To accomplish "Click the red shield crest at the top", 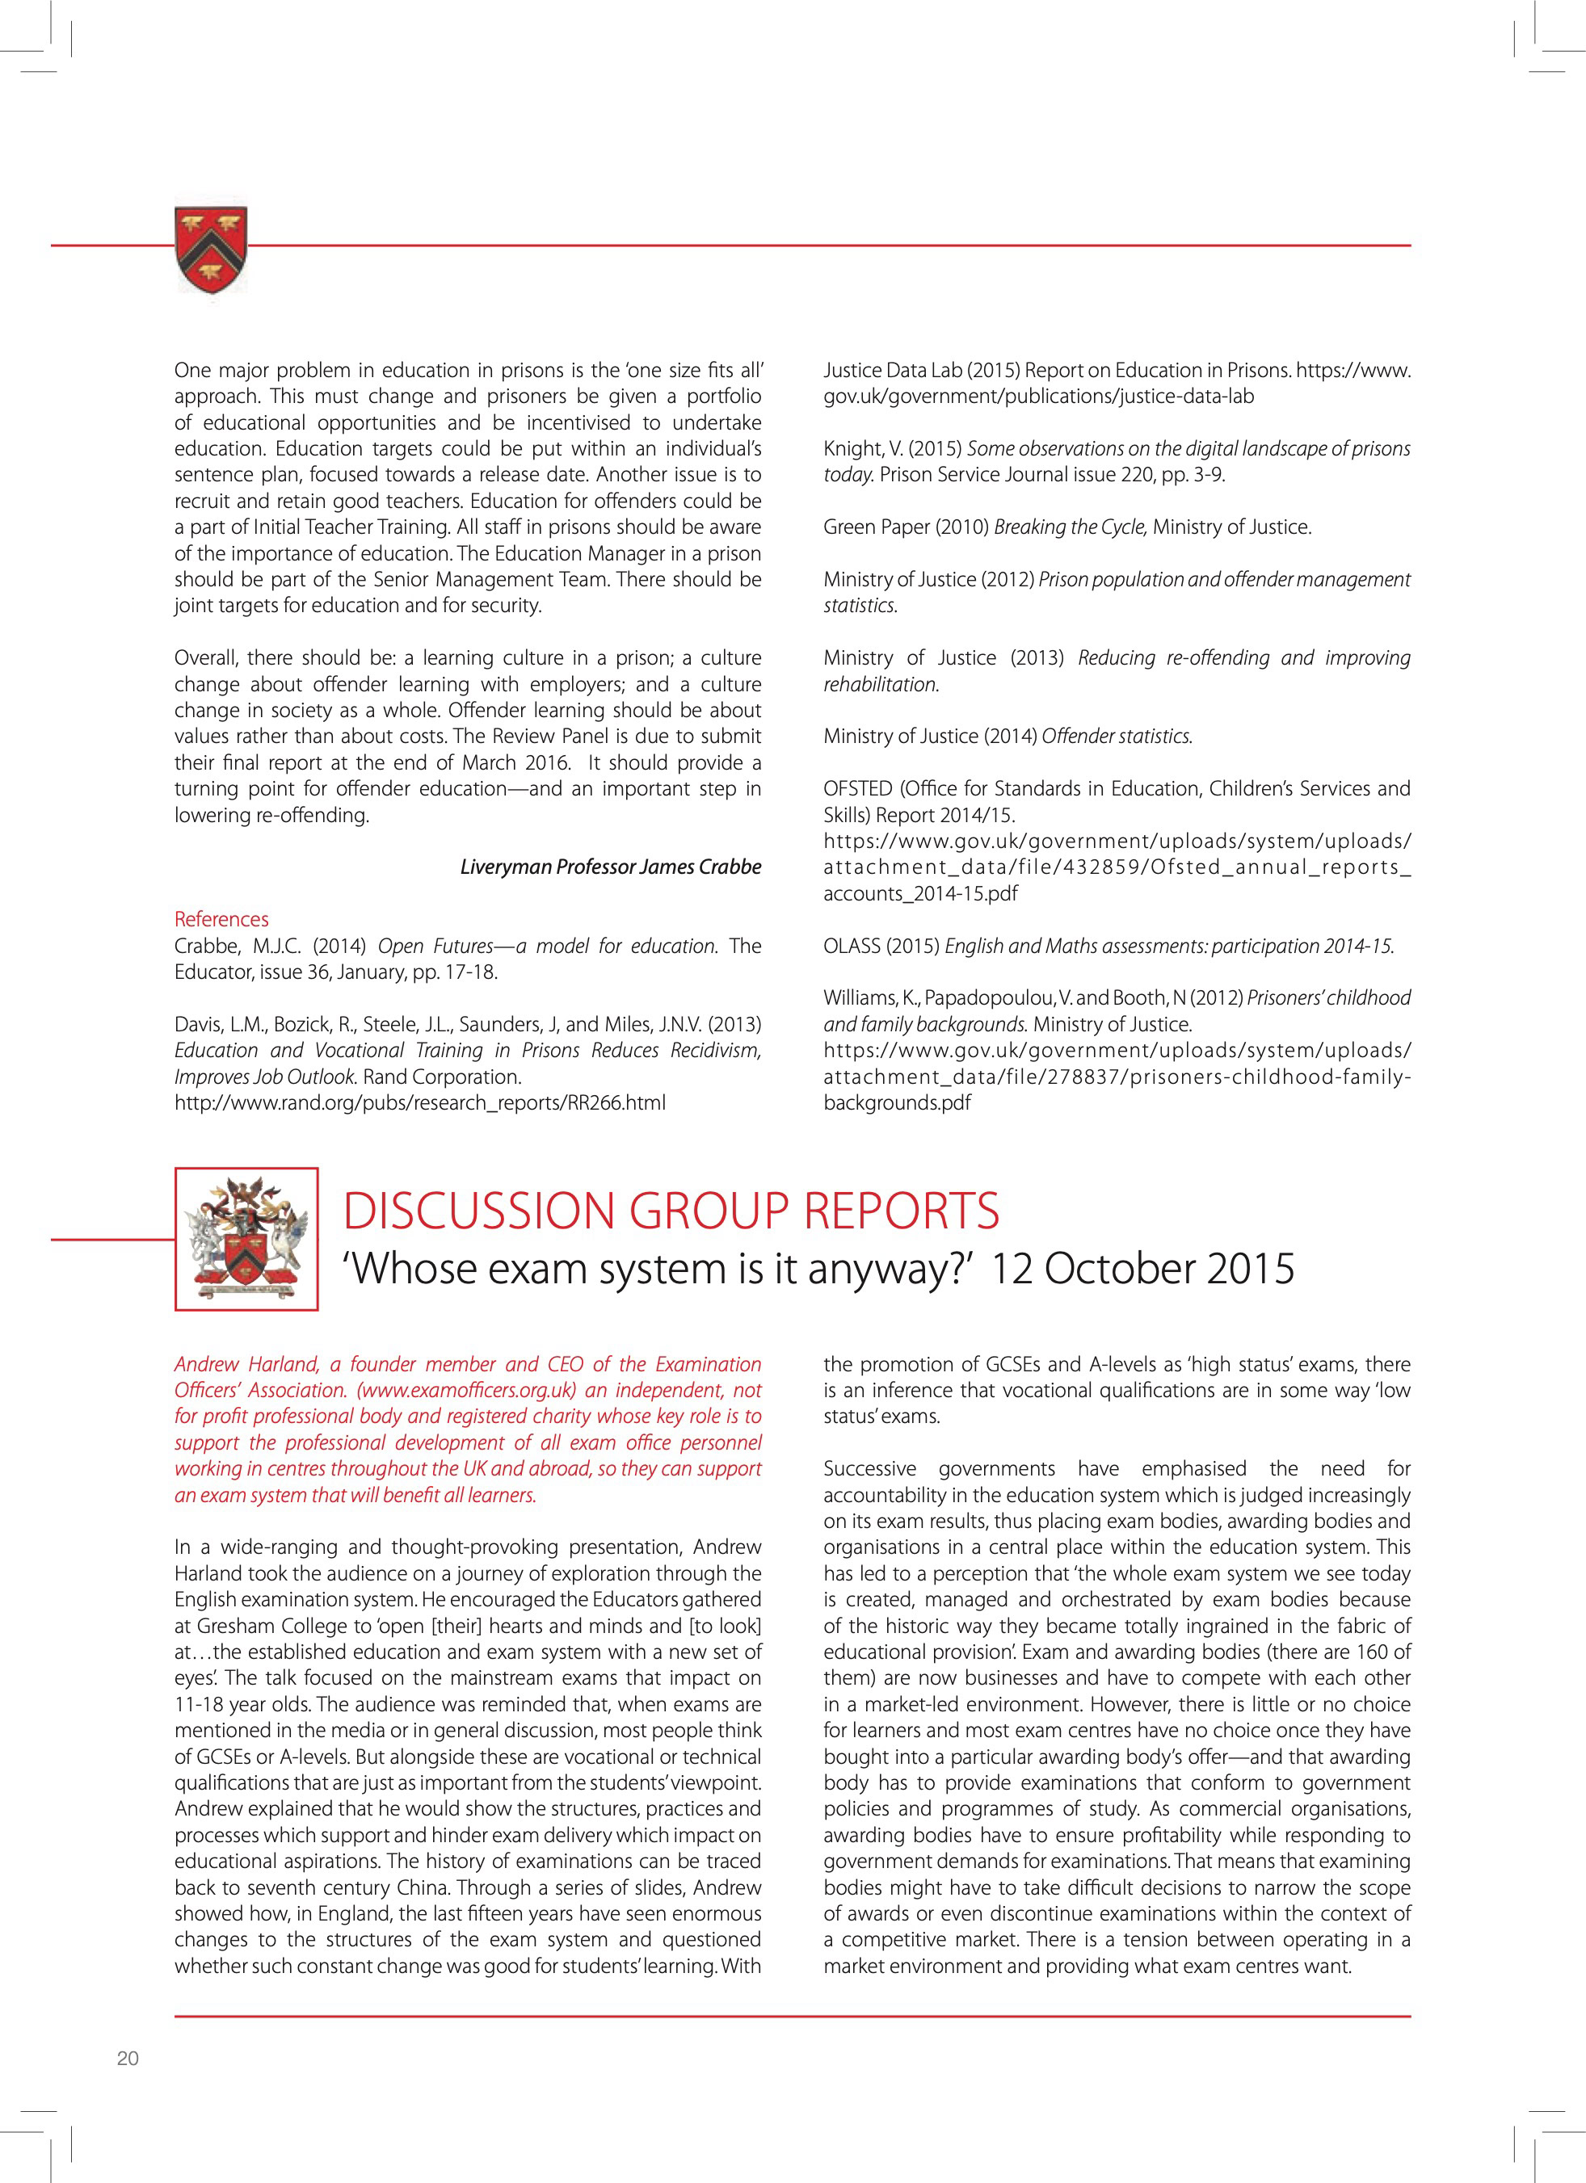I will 211,250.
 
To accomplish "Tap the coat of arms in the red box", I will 246,1238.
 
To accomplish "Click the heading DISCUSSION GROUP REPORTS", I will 671,1211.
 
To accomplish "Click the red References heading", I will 221,919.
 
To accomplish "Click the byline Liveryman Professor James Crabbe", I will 611,867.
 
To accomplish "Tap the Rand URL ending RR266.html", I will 420,1103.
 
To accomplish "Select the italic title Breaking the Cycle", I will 1070,527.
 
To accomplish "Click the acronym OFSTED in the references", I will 858,789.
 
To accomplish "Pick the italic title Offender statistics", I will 1117,737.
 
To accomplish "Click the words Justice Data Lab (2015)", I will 920,371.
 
